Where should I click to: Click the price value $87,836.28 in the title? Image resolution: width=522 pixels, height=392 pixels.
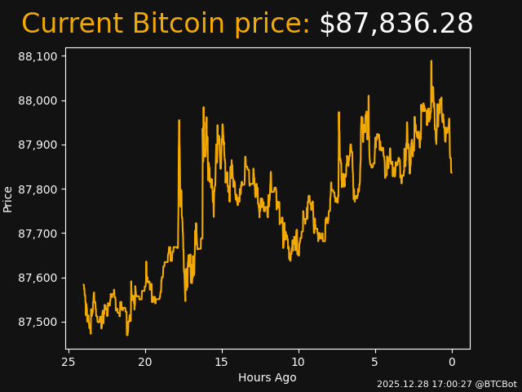point(396,24)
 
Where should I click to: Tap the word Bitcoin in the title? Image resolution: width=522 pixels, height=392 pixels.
point(178,24)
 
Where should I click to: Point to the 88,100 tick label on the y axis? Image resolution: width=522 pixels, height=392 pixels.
point(37,56)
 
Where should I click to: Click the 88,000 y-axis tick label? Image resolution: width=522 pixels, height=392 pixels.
point(37,100)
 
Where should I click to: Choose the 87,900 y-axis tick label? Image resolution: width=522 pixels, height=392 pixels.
point(37,145)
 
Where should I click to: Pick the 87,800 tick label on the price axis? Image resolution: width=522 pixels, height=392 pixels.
point(37,189)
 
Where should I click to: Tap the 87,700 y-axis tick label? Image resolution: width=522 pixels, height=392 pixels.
point(37,234)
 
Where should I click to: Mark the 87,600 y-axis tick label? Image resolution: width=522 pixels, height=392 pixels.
point(37,278)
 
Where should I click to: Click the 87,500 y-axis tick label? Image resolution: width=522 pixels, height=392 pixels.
point(37,322)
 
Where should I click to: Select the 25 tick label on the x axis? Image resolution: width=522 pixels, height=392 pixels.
point(69,362)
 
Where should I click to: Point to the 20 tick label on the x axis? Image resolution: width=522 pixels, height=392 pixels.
point(145,362)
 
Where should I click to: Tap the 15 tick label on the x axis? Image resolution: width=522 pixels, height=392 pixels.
point(222,362)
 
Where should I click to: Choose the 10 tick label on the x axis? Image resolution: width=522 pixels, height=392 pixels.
point(299,362)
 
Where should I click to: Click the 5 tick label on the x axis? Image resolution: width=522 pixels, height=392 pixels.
point(375,362)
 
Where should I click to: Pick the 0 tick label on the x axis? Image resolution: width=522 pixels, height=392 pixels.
point(452,362)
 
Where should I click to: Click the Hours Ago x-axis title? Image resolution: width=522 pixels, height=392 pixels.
point(268,377)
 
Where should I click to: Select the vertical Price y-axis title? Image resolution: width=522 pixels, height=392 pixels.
point(8,198)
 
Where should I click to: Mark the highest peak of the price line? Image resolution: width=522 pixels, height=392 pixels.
point(431,60)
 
